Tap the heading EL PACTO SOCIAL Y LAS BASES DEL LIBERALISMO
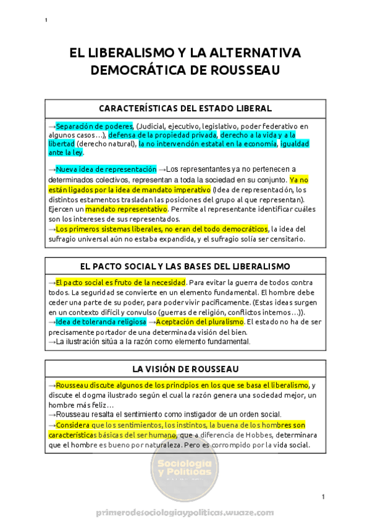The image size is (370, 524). (185, 266)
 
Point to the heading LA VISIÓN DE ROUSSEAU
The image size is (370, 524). (185, 369)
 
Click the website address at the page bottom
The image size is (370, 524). (185, 513)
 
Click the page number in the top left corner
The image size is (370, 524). (46, 21)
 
